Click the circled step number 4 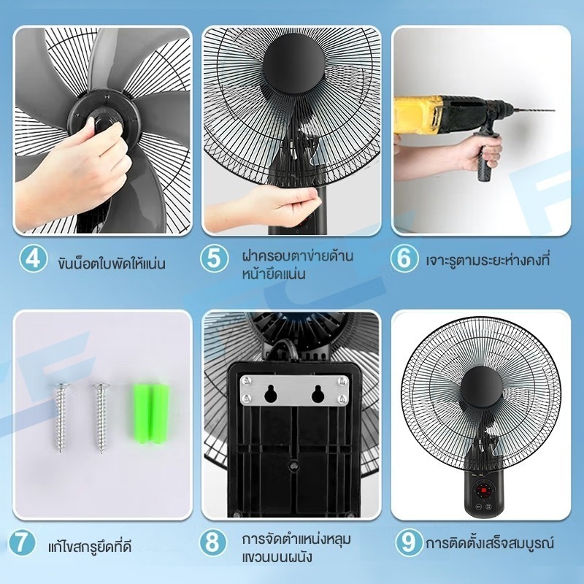[33, 258]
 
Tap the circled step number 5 [214, 258]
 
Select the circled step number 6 [404, 258]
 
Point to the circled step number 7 [22, 542]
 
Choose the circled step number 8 [213, 542]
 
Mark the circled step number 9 [409, 542]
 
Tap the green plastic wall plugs [152, 413]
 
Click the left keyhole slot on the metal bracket [270, 393]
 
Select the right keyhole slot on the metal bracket [318, 393]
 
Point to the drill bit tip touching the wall [553, 110]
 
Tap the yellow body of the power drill [418, 115]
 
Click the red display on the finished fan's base [484, 490]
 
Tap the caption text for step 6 [488, 260]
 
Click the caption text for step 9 [490, 542]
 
